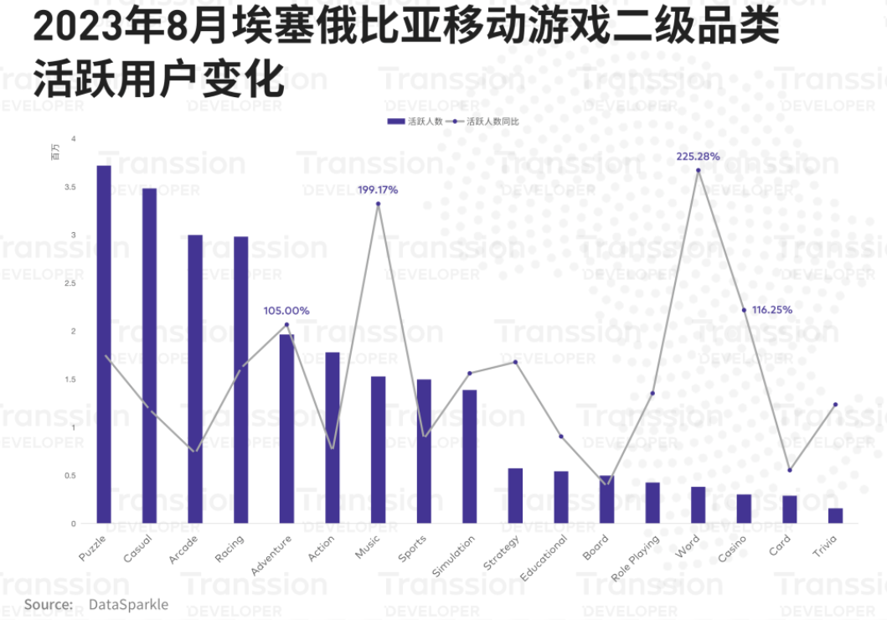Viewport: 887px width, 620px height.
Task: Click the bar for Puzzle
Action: click(104, 344)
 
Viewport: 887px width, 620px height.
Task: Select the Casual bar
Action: click(149, 355)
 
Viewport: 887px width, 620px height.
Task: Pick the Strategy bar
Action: click(515, 495)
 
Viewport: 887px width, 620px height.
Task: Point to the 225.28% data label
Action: click(698, 157)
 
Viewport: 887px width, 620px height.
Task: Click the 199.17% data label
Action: click(377, 190)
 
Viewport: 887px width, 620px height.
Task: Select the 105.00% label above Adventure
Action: click(286, 311)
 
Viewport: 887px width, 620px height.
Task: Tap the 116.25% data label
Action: click(771, 309)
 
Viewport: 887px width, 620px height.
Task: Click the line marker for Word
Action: click(698, 170)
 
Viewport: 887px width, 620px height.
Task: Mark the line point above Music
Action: click(378, 204)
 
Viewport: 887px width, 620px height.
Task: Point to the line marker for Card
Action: click(789, 470)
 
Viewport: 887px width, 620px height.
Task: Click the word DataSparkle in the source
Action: click(128, 604)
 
